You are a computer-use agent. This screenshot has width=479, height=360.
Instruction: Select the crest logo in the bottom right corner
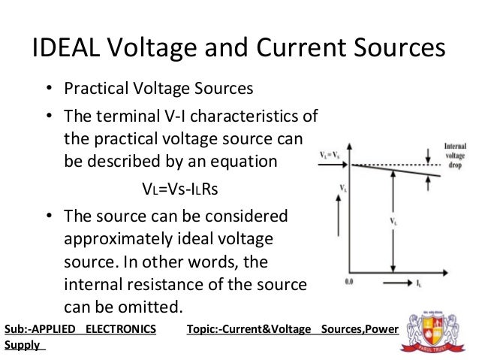pos(433,330)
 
